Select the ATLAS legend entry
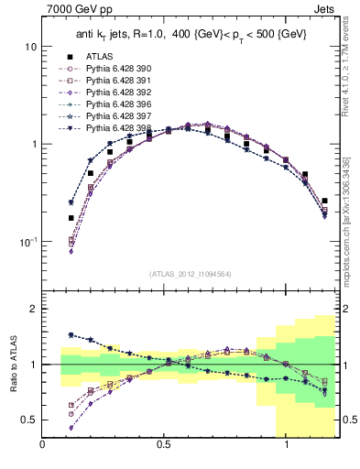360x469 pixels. (100, 56)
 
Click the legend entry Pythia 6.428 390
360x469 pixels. (122, 69)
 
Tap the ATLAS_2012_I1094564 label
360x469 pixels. (187, 273)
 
